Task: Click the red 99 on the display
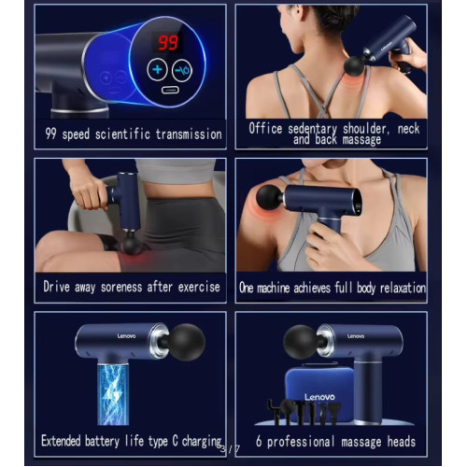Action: tap(168, 43)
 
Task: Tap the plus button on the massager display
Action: tap(158, 69)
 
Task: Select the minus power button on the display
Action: tap(182, 70)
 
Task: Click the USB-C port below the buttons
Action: tap(170, 90)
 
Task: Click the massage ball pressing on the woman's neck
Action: tap(355, 65)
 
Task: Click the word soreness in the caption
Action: tap(121, 287)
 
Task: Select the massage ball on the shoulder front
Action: tap(270, 197)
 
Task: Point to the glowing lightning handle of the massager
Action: tap(113, 394)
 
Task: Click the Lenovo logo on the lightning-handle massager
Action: tap(126, 335)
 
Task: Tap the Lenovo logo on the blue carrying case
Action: tap(319, 397)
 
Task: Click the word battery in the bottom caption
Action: tap(102, 441)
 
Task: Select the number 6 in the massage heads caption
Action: tap(259, 442)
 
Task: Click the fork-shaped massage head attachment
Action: tap(274, 412)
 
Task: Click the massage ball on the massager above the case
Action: tap(299, 342)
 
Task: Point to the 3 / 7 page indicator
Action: tap(230, 449)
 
